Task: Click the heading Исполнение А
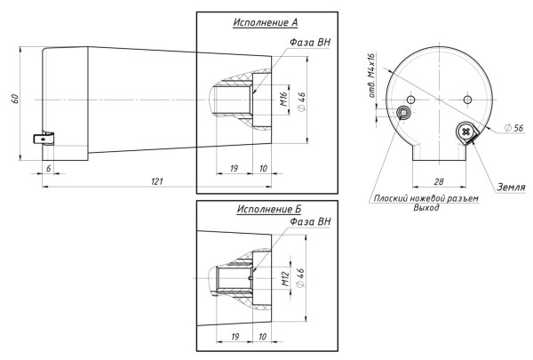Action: [x=266, y=22]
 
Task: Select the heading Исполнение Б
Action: [x=269, y=209]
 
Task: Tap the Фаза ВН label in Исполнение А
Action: [x=310, y=43]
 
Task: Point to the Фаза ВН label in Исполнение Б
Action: [x=310, y=221]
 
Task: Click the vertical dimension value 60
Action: [x=15, y=99]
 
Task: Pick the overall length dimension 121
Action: [x=156, y=181]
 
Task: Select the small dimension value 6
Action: [x=49, y=168]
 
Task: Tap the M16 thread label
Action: [x=284, y=99]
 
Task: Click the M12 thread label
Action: [x=285, y=278]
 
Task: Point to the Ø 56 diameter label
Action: [x=514, y=128]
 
